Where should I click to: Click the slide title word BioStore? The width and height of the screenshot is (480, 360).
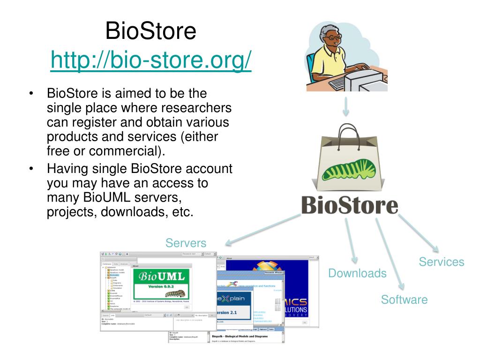[150, 31]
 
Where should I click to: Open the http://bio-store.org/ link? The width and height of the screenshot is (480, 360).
[150, 60]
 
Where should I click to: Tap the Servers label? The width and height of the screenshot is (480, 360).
[186, 243]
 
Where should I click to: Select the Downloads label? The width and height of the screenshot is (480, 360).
[357, 273]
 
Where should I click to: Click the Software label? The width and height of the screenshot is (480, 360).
[404, 300]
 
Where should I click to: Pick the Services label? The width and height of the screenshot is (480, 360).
[441, 262]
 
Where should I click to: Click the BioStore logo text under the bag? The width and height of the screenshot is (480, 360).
[349, 206]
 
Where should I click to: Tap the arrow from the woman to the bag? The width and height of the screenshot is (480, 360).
[346, 106]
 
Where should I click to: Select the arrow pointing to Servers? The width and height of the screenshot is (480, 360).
[262, 230]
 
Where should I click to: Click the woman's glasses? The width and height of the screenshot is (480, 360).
[333, 36]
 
